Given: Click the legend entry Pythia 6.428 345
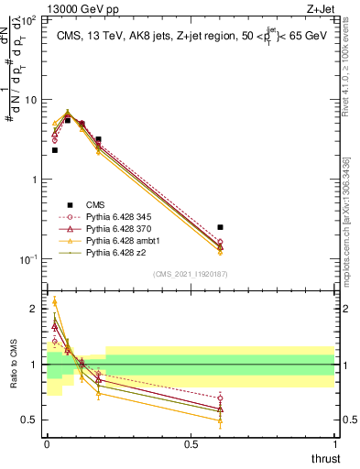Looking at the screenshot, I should [x=109, y=216].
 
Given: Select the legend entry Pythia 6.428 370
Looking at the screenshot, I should [x=109, y=228].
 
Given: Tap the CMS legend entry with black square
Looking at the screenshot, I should [x=95, y=205].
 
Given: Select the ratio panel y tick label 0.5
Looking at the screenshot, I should [x=29, y=420].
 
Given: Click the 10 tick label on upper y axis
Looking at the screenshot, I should [x=31, y=99].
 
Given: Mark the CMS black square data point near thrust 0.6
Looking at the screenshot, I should [x=220, y=227].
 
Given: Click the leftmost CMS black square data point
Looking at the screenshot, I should [x=54, y=150].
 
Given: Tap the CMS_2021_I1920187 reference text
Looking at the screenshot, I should [x=191, y=274].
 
